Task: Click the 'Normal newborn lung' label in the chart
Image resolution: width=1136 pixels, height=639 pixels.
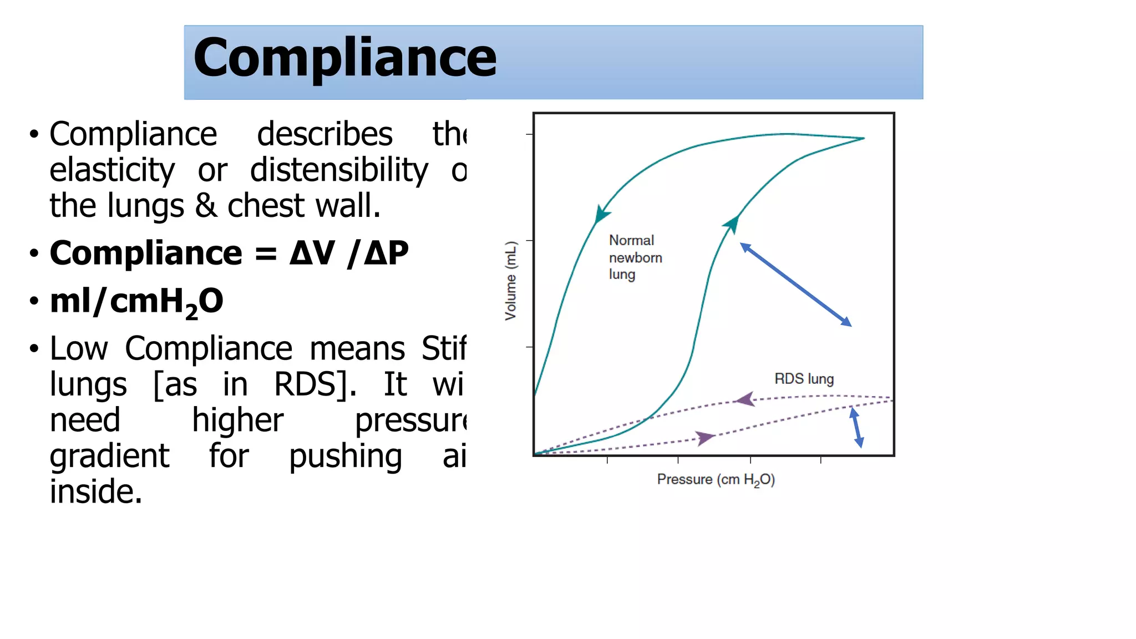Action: [635, 257]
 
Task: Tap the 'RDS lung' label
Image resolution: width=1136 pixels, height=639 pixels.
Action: [804, 379]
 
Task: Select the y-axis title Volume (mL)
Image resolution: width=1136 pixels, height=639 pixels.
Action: [510, 281]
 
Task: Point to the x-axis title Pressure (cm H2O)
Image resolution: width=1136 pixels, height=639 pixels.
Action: [716, 480]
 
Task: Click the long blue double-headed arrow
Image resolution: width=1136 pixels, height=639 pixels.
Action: [795, 285]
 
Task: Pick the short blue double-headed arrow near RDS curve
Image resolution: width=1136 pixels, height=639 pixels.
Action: [856, 427]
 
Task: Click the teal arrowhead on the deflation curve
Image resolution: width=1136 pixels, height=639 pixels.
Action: [601, 214]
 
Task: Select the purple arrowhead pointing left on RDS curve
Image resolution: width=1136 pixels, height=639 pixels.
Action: [745, 399]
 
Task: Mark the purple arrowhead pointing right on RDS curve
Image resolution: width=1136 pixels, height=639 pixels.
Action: [705, 438]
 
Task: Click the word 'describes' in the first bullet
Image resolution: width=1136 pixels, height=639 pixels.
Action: [324, 134]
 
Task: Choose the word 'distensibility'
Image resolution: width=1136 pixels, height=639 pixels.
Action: [339, 170]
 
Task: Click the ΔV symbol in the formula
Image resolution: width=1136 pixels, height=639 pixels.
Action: [312, 253]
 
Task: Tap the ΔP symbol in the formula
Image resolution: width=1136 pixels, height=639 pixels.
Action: [386, 253]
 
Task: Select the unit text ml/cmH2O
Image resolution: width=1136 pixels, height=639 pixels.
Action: [136, 302]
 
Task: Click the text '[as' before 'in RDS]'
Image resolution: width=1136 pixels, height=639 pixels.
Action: [175, 384]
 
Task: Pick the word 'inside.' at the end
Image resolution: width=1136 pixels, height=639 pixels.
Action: [96, 492]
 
